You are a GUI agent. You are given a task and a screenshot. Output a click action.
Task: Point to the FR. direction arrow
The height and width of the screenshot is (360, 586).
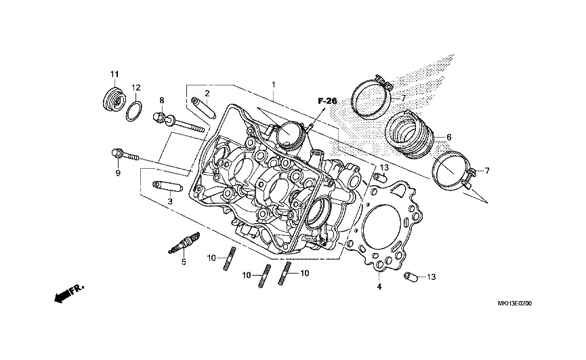point(66,293)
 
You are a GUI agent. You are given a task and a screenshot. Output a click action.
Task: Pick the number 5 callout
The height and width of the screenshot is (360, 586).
point(183,263)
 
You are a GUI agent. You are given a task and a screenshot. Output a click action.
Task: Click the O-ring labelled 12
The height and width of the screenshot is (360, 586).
point(135,110)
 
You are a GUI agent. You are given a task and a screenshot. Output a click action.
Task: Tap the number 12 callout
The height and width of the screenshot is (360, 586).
point(135,87)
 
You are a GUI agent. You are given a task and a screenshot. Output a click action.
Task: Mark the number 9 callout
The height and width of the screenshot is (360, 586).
point(117,173)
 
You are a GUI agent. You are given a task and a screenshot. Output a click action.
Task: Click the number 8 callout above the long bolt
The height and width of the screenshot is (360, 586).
point(162,100)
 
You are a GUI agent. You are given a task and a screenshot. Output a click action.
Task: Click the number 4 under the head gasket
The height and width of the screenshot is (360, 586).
point(379,287)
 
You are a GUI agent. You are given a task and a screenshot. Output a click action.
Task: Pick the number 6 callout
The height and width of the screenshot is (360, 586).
point(448,137)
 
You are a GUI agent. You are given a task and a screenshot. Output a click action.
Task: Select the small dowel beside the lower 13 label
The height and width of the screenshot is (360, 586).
point(409,277)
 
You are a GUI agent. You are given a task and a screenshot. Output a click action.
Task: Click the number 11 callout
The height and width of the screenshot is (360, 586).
point(114,73)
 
